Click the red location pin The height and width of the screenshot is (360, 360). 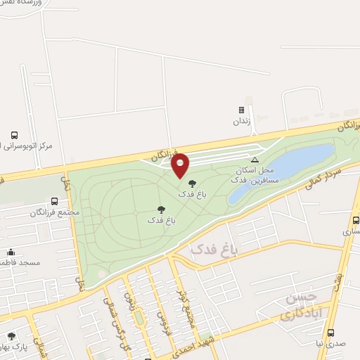[181, 165]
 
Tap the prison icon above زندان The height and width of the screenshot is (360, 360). [241, 110]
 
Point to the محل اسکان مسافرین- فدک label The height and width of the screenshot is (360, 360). [258, 176]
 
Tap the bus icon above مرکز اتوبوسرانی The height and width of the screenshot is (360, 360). [15, 135]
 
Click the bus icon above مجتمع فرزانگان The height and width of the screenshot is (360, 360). [55, 200]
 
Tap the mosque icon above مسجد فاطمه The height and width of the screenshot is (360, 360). [11, 252]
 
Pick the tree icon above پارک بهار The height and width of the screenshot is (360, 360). [11, 336]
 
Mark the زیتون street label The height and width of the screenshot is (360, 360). [129, 300]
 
